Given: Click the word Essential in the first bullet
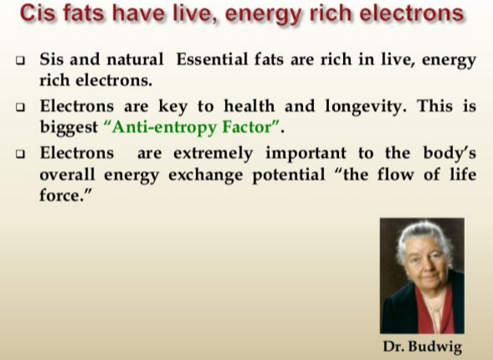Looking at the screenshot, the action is (212, 59).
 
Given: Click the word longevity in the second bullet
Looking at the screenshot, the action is (366, 106).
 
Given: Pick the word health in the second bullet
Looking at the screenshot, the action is (249, 106).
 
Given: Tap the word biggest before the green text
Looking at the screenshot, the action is (69, 127).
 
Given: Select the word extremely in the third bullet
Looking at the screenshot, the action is (213, 153).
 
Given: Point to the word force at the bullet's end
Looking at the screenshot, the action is (62, 196).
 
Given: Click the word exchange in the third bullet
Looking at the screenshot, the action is (206, 175).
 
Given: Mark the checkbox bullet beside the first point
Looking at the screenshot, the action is (21, 60).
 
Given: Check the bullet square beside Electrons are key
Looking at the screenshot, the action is (21, 107).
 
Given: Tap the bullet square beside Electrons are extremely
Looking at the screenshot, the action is (21, 154).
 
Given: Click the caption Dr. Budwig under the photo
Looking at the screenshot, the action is (422, 347).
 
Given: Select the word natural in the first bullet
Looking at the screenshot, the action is (135, 59).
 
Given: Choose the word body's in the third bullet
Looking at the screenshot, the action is (450, 154).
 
